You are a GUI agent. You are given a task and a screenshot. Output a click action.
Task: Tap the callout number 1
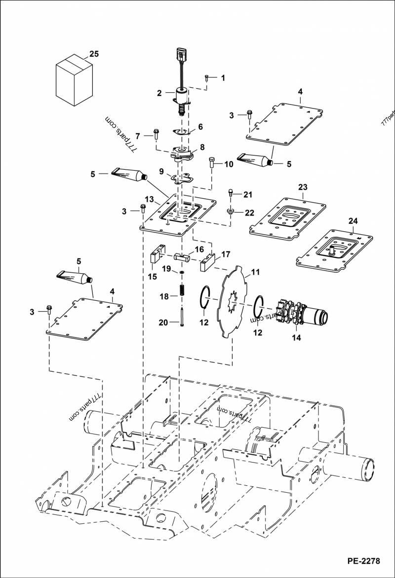223,78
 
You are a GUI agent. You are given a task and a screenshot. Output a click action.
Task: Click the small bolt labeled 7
156,133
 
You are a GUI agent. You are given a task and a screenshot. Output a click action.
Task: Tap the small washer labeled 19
182,272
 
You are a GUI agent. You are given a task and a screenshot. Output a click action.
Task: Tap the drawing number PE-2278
363,561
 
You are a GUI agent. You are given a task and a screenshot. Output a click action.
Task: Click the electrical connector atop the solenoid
181,54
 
